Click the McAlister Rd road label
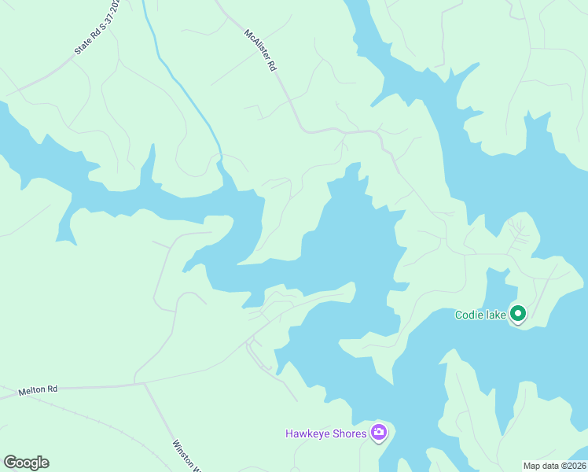coord(261,51)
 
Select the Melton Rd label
coord(39,389)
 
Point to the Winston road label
coord(186,454)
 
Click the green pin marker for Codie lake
coord(518,315)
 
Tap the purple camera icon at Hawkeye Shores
coord(379,432)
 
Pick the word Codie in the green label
coord(470,315)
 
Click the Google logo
coord(26,463)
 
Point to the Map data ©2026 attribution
coord(555,465)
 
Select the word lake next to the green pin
coord(496,315)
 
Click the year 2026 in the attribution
coord(575,465)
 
